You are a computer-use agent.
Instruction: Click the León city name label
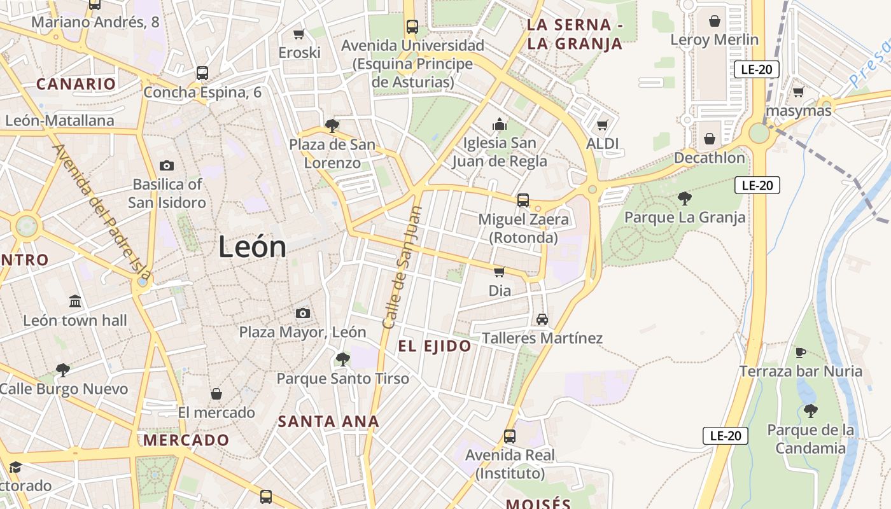[x=252, y=247]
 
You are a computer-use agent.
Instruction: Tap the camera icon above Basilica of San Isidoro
[x=167, y=166]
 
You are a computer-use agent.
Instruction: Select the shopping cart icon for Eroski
[x=298, y=34]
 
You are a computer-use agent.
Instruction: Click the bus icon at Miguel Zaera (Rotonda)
[x=523, y=200]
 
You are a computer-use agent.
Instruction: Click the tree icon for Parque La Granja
[x=685, y=199]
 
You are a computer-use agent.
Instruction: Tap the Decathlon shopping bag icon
[x=710, y=139]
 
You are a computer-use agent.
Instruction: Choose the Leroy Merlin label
[x=715, y=39]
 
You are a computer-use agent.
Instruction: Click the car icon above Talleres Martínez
[x=542, y=319]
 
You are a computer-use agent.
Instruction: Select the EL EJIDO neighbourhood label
[x=435, y=347]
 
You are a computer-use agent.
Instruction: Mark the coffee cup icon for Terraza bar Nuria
[x=801, y=352]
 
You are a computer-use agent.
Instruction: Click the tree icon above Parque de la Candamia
[x=810, y=411]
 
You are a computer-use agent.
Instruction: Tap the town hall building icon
[x=75, y=301]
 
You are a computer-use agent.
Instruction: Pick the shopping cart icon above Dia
[x=500, y=272]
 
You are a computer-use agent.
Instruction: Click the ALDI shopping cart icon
[x=602, y=125]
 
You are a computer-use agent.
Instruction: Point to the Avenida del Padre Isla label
[x=102, y=213]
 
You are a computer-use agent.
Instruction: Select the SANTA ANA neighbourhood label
[x=328, y=421]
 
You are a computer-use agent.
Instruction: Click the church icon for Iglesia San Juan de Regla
[x=500, y=123]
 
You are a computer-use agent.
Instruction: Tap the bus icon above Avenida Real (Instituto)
[x=509, y=436]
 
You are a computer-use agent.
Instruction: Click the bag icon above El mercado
[x=216, y=394]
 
